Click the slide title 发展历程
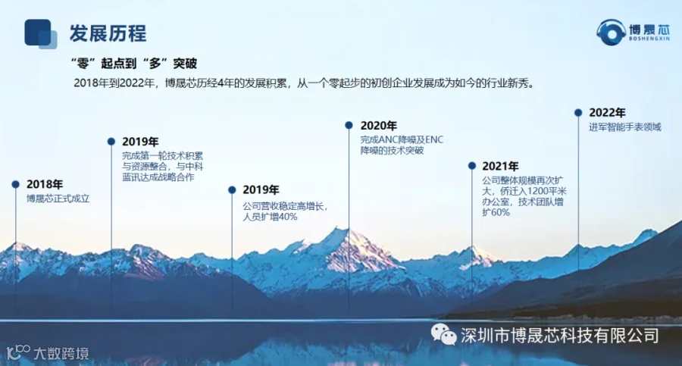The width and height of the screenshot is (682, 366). point(108,33)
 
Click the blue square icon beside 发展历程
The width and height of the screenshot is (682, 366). point(40,33)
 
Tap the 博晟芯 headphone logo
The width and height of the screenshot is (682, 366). point(633,32)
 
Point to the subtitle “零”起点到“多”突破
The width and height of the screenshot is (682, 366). point(134,64)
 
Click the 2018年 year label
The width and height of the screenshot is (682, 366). point(45,184)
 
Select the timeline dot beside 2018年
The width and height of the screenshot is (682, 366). point(16,184)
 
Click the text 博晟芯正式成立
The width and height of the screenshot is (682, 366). point(58,199)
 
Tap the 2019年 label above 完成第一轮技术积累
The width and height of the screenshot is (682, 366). point(140,142)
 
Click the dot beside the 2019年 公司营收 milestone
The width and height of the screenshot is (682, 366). point(232,189)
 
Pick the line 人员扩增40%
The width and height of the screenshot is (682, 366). point(270,217)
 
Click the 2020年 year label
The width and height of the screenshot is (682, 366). point(379,125)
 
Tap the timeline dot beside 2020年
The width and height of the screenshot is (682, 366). point(349,125)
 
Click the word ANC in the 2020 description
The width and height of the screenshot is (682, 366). point(386,139)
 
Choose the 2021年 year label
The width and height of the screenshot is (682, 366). point(500,166)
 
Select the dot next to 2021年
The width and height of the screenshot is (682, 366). point(472,166)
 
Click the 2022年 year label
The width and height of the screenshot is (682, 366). point(607,113)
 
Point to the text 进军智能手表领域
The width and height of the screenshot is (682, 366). point(625,127)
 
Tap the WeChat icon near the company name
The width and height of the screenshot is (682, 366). point(443,334)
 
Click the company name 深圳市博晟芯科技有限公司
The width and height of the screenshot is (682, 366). point(560,336)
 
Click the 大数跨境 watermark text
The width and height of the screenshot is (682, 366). point(61,353)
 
